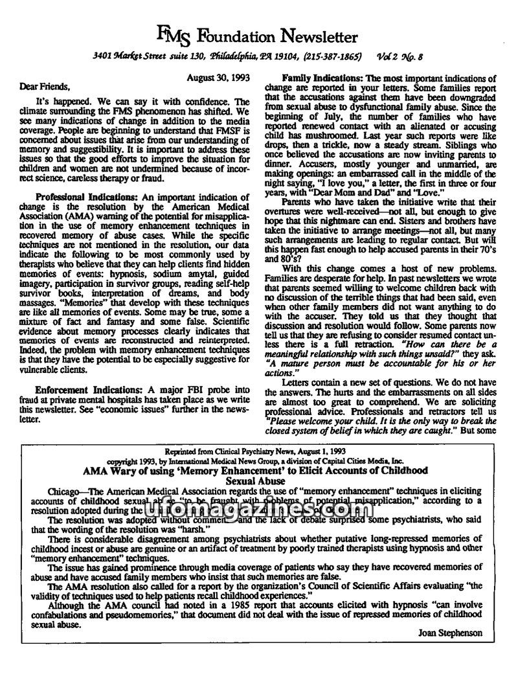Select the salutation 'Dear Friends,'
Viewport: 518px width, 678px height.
click(39, 87)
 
